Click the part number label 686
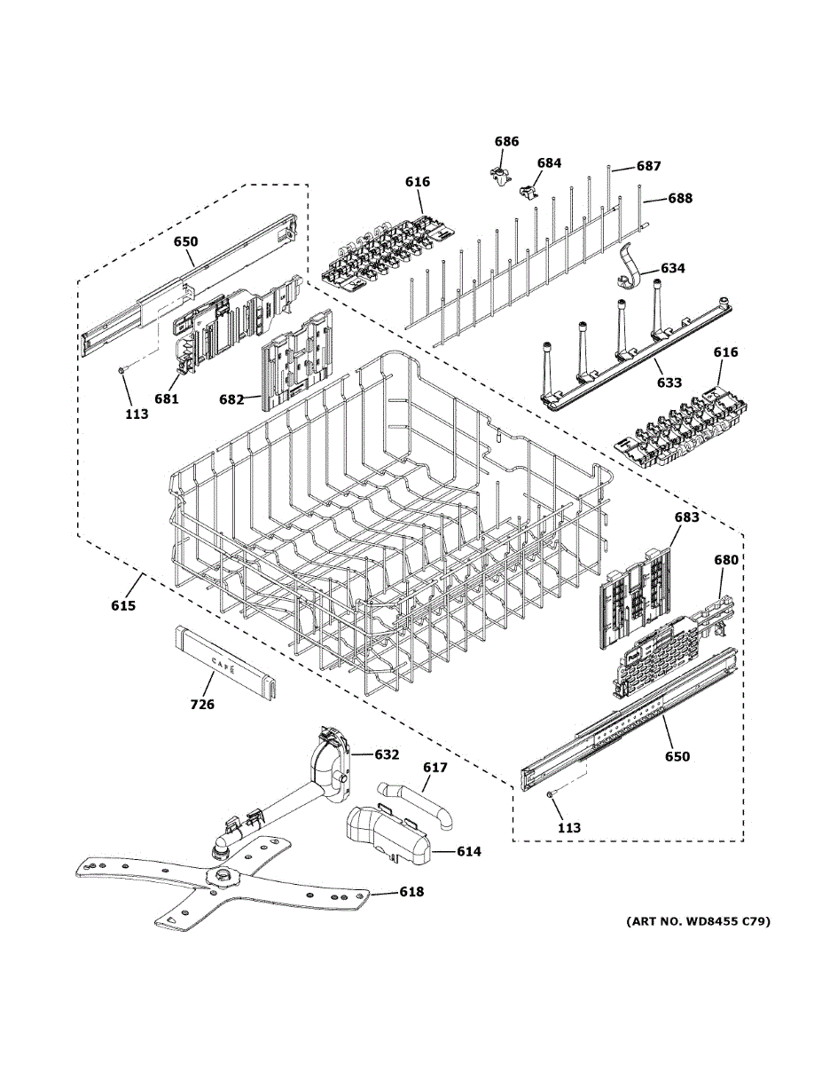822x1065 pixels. click(506, 141)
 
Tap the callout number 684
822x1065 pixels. click(549, 162)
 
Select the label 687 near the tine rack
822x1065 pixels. click(649, 166)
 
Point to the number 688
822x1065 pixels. click(680, 198)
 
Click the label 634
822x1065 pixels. click(673, 268)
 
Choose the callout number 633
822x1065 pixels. click(669, 383)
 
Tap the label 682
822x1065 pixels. click(231, 400)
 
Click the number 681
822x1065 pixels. click(167, 399)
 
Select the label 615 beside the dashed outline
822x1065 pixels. click(123, 606)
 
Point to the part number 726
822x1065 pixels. click(202, 705)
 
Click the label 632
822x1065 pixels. click(387, 754)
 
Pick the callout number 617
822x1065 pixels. click(435, 767)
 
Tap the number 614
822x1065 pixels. click(469, 851)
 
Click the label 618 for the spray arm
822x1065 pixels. click(411, 892)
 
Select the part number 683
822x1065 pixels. click(686, 517)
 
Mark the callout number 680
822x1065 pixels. click(726, 559)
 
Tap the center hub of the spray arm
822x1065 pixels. click(223, 873)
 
